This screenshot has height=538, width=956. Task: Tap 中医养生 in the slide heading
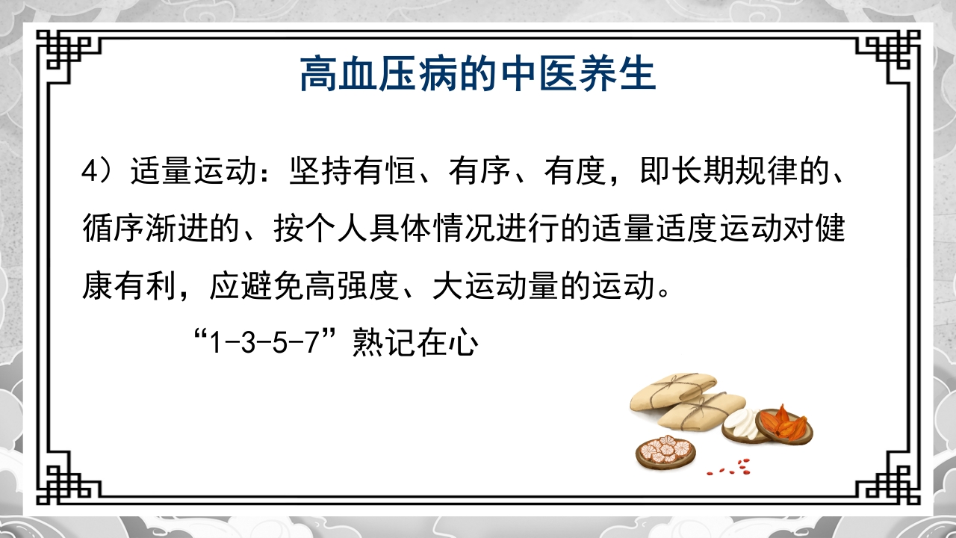(568, 74)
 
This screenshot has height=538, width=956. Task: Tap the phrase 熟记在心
(415, 346)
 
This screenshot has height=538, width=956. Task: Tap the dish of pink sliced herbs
(665, 451)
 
